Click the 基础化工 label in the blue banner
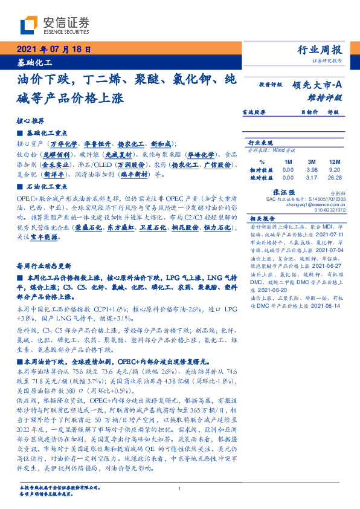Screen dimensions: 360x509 point(34,62)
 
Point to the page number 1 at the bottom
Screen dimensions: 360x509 point(180,488)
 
